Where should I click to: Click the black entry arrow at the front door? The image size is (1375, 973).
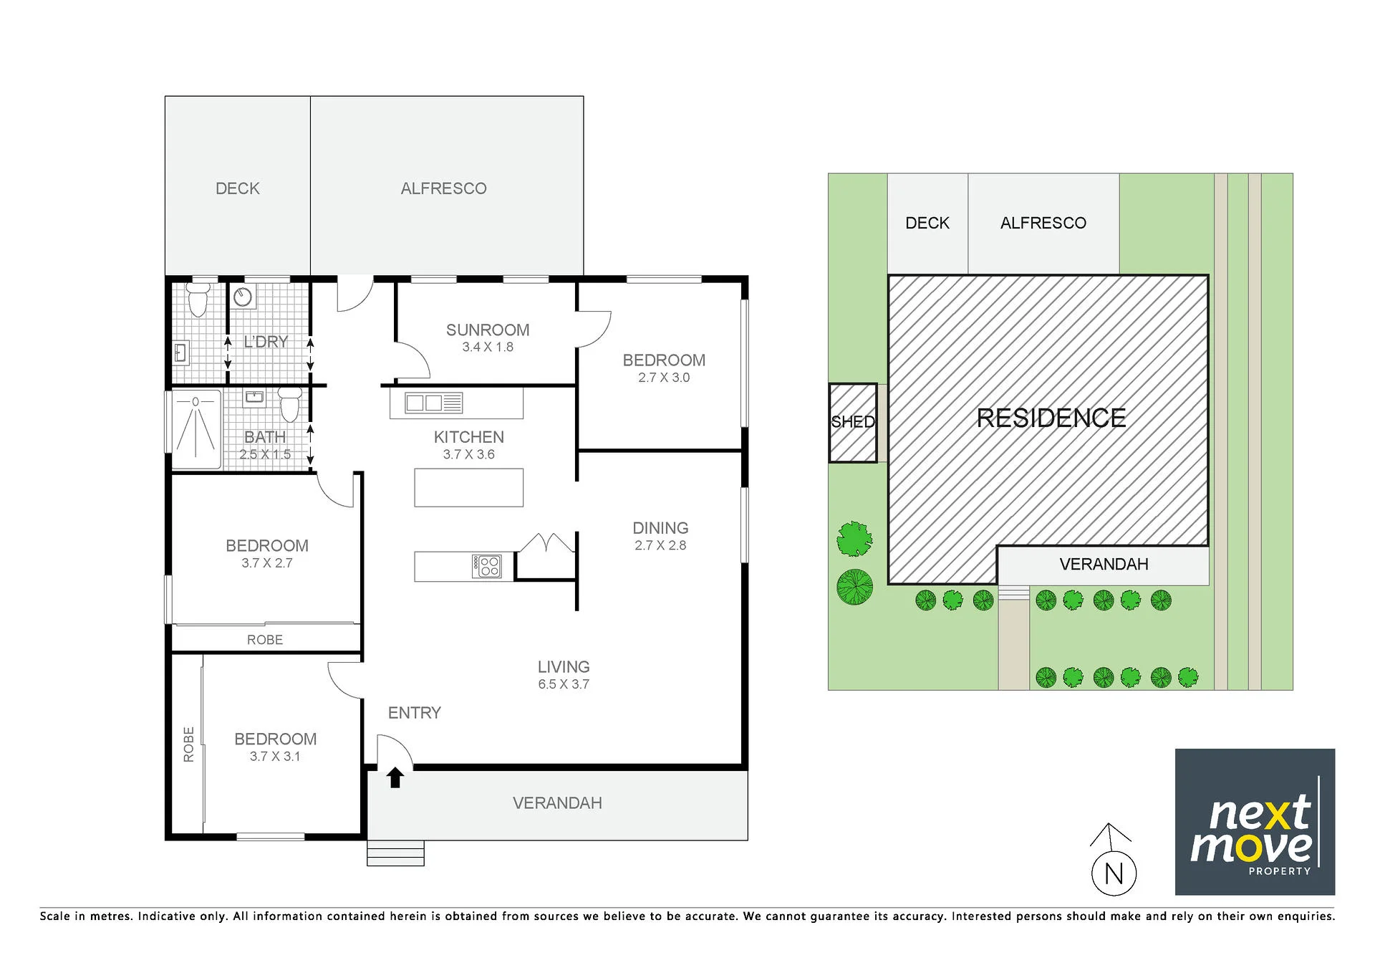395,777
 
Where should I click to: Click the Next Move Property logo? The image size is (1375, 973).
1255,822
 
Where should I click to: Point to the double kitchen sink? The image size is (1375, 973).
434,403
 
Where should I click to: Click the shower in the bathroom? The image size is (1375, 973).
196,428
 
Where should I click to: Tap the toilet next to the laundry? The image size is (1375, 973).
198,299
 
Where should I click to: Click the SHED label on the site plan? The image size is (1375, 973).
853,422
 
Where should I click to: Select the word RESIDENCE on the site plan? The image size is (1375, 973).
1051,418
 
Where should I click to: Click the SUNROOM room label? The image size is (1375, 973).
488,330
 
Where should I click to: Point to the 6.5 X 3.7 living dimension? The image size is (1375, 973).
564,684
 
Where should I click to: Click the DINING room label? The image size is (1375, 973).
660,528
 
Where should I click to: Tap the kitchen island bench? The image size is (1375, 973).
468,487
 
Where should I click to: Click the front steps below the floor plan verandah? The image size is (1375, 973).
395,853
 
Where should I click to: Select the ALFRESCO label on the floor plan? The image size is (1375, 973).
443,188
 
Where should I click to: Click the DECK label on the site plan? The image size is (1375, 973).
927,223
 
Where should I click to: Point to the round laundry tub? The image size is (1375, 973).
243,297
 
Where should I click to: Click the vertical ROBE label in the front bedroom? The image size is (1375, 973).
189,744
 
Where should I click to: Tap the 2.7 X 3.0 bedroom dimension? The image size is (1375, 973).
664,378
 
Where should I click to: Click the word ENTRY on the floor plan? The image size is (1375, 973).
415,713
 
